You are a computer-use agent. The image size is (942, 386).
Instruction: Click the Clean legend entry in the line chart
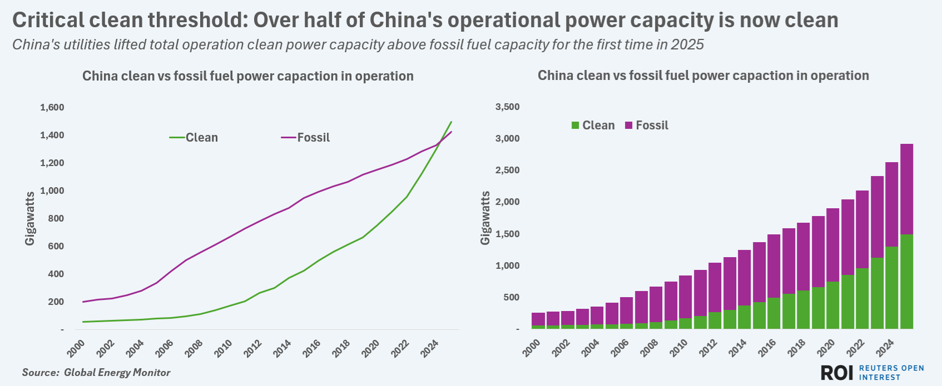coord(194,138)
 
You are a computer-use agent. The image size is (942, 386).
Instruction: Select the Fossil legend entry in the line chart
coord(306,138)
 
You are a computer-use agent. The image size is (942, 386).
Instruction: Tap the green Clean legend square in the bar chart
coord(575,126)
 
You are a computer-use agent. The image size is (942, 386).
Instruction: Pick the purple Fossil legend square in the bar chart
coord(629,126)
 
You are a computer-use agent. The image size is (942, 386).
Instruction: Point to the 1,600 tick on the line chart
coord(52,107)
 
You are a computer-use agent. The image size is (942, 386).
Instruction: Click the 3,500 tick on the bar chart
coord(507,107)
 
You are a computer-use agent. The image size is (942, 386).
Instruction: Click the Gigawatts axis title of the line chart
coord(30,218)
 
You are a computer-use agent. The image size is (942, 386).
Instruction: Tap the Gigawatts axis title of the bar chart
coord(485,218)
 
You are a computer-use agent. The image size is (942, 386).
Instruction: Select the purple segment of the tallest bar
coord(906,189)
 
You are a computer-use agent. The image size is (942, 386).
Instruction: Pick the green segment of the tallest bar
coord(906,282)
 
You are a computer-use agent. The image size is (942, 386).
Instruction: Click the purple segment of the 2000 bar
coord(538,319)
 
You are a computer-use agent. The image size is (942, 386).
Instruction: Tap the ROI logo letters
coord(836,373)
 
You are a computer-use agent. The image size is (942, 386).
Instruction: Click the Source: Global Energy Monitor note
coord(96,373)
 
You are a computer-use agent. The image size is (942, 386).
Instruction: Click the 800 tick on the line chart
coord(56,218)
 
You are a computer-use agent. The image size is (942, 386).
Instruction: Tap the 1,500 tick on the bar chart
coord(507,234)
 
